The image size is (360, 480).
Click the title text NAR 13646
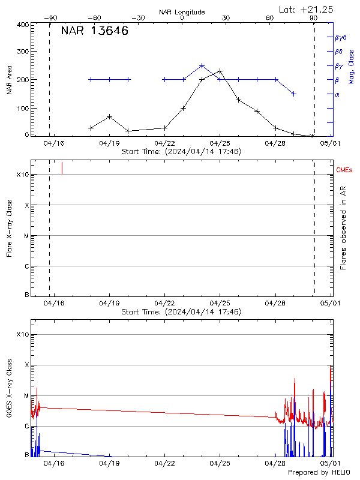(94, 32)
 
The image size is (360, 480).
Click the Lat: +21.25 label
(307, 9)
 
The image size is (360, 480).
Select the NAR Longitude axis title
(182, 12)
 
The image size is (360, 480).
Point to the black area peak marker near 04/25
(220, 71)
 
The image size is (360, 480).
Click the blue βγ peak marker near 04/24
(202, 66)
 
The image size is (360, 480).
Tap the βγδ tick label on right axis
(341, 37)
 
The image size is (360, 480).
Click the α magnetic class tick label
(337, 94)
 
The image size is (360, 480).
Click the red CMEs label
(345, 171)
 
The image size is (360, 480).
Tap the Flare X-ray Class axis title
(9, 230)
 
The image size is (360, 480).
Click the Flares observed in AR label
(343, 230)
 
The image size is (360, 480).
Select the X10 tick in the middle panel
(23, 175)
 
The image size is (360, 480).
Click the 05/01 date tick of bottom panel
(330, 463)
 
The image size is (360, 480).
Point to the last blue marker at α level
(293, 94)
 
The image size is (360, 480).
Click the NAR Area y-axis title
(9, 80)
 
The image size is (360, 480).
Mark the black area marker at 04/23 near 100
(184, 108)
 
